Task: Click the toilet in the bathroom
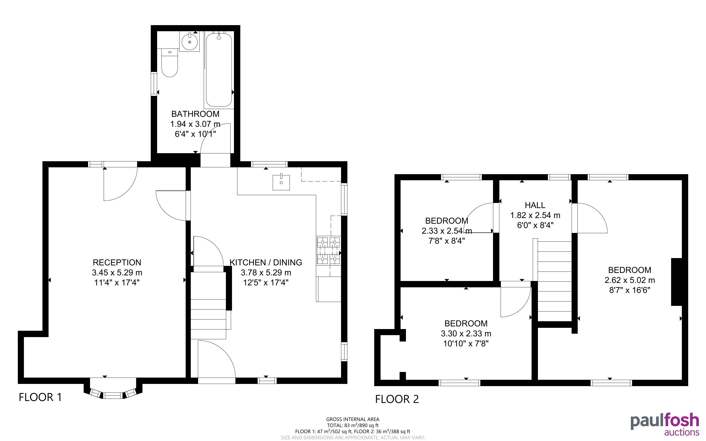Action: tap(170, 63)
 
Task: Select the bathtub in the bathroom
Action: tap(219, 70)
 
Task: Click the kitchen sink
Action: tap(281, 182)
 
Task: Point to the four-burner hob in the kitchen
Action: tap(329, 251)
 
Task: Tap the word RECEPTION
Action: tap(117, 262)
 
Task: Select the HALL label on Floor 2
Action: tap(535, 205)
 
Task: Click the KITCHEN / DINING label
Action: tap(266, 262)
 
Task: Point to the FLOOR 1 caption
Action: tap(40, 397)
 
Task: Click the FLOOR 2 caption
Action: tap(397, 399)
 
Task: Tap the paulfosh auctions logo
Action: tap(665, 425)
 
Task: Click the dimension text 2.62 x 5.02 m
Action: tap(630, 280)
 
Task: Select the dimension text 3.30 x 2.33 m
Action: tap(466, 333)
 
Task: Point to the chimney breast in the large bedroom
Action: tap(676, 282)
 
